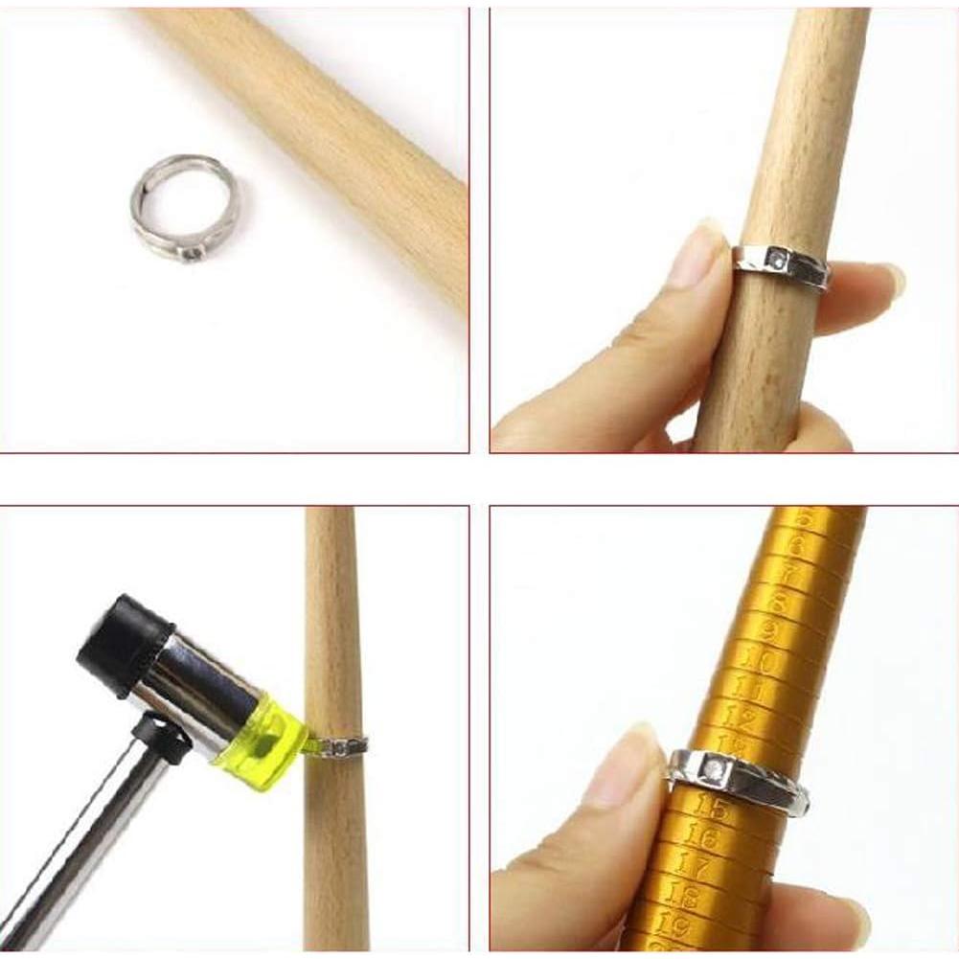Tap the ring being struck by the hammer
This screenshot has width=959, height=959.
pyautogui.click(x=337, y=745)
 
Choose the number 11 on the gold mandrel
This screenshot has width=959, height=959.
pyautogui.click(x=748, y=688)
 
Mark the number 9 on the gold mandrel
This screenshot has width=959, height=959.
pyautogui.click(x=768, y=630)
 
